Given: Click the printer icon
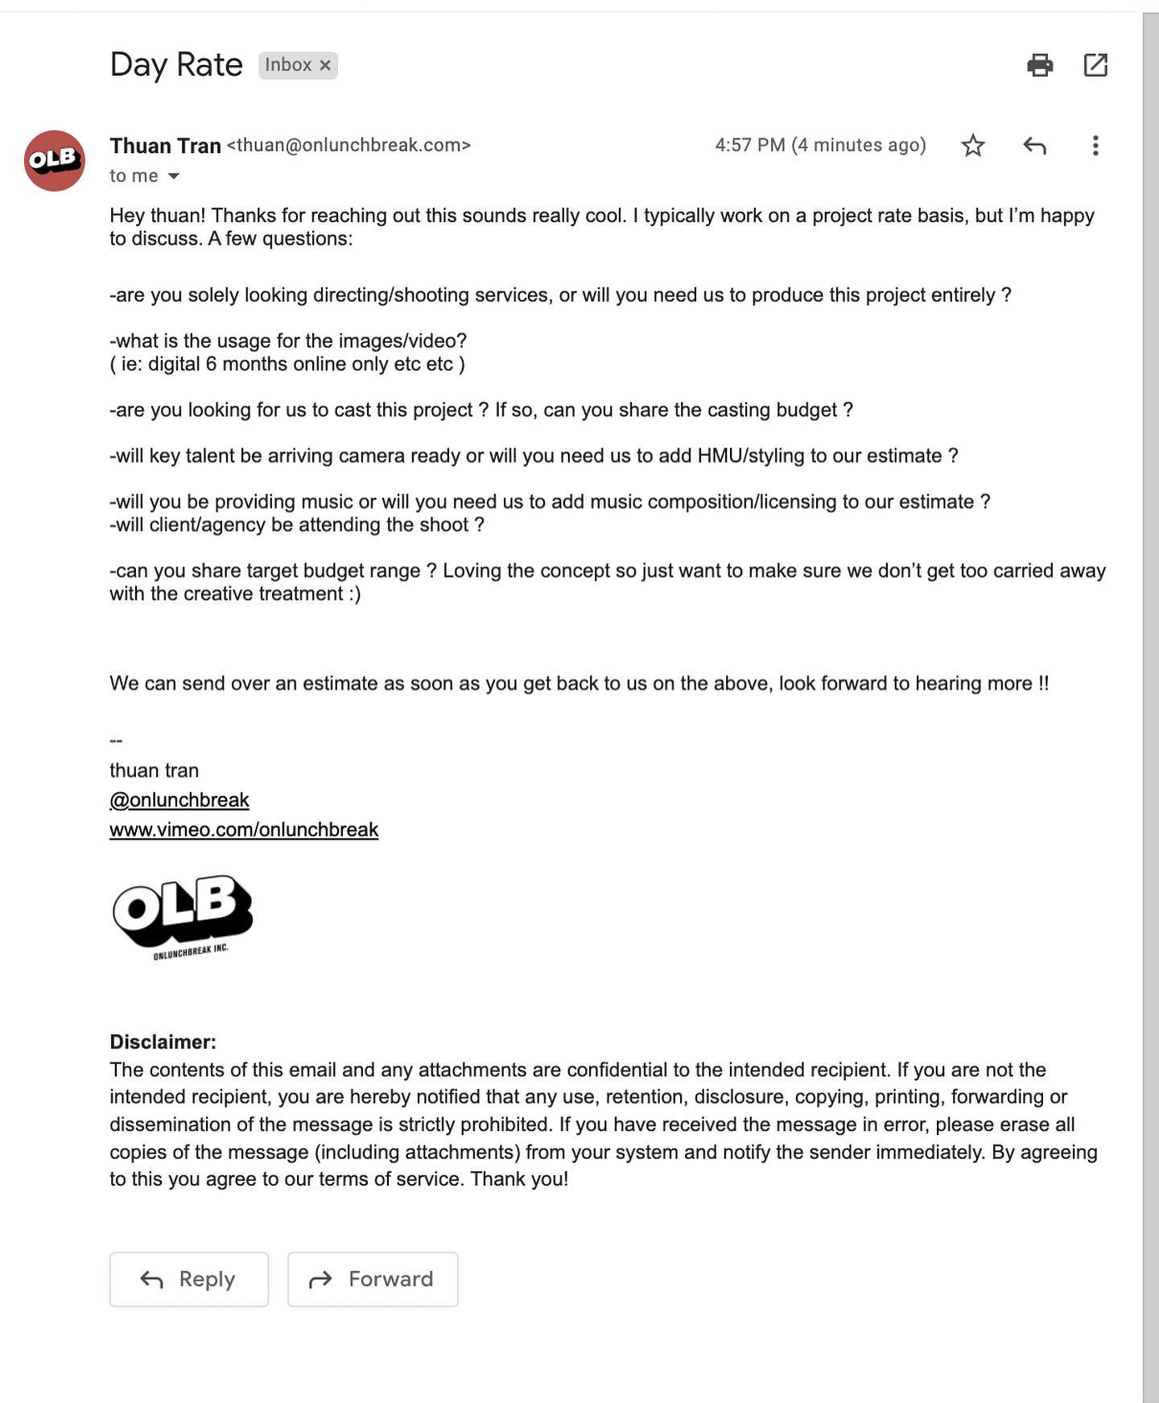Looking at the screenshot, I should coord(1040,64).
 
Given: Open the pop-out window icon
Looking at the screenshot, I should coord(1095,64).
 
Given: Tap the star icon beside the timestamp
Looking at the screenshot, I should coord(973,146).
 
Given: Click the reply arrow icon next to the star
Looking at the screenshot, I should coord(1034,146).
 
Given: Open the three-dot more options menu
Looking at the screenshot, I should coord(1095,146).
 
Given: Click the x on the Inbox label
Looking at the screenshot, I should coord(325,65).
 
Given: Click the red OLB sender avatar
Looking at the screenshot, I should coord(55,160).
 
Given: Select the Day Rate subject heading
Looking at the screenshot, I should coord(176,64).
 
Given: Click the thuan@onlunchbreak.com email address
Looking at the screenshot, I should coord(349,145).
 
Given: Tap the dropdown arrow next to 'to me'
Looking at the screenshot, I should coord(173,175).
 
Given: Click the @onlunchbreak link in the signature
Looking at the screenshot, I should coord(179,799).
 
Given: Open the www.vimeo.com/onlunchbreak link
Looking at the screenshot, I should coord(244,829).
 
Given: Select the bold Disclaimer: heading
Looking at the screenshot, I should coord(163,1042).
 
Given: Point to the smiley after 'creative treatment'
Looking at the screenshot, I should coord(355,594).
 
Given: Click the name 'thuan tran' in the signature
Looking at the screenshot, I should coord(154,770).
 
